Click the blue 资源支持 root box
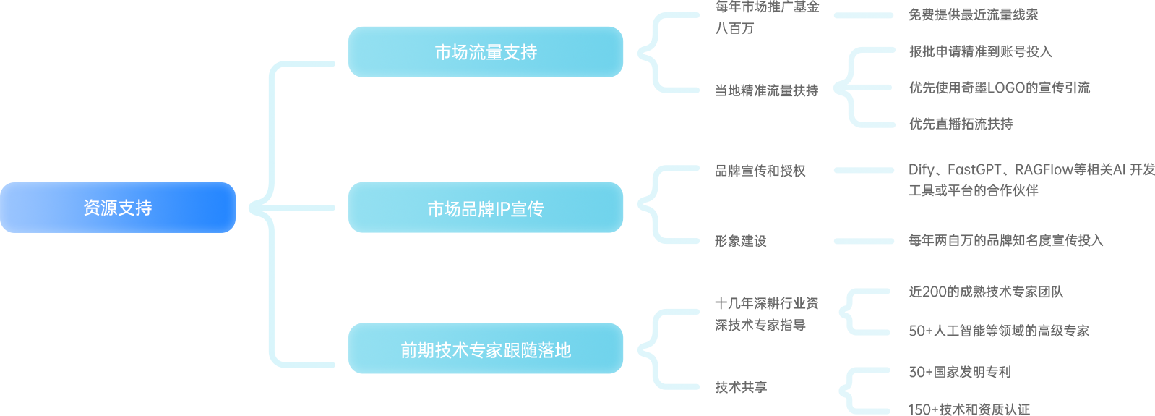tap(117, 208)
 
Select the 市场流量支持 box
tap(485, 52)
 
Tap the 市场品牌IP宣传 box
tap(485, 208)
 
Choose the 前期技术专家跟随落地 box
tap(485, 349)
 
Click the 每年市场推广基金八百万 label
tap(766, 17)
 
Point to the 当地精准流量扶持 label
tap(766, 90)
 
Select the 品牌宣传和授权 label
tap(760, 171)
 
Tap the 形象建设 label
tap(740, 241)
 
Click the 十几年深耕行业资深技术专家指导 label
tap(766, 314)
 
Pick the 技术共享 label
tap(740, 387)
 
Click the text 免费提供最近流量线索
tap(973, 14)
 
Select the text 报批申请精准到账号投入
tap(980, 51)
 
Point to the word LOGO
tap(1006, 88)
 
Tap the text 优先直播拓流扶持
tap(961, 124)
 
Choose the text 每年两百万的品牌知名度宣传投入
tap(1005, 240)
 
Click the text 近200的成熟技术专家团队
tap(986, 292)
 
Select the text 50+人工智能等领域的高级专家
tap(998, 331)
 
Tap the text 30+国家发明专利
tap(959, 372)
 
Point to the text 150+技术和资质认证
tap(969, 409)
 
